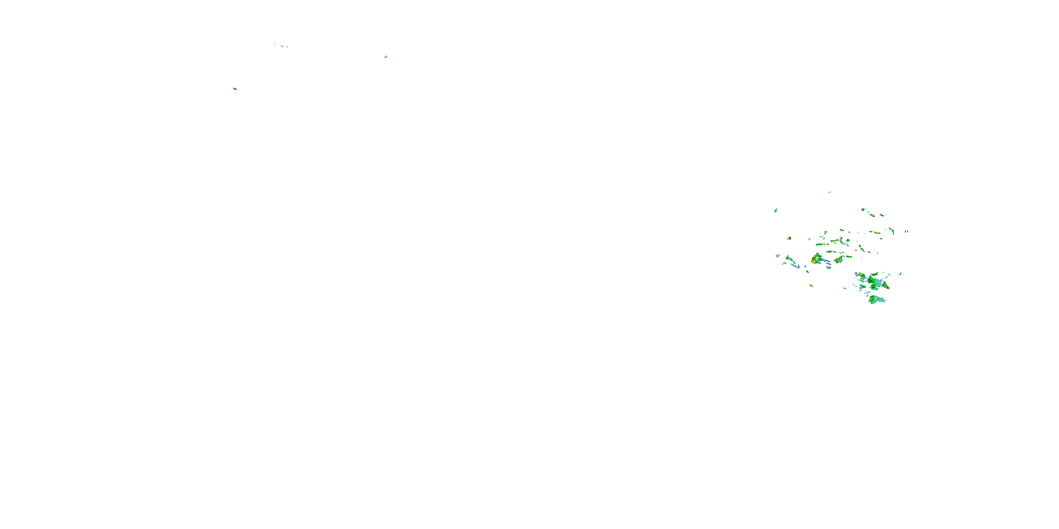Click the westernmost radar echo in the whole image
point(235,89)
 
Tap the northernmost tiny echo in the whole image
point(274,44)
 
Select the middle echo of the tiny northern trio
point(282,45)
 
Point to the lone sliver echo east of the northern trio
point(385,57)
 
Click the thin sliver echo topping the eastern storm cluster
point(829,192)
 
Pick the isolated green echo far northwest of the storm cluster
point(775,211)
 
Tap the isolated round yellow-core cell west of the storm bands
point(789,238)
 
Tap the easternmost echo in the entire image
point(908,231)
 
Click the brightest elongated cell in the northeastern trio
point(871,214)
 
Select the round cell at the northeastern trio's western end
point(863,209)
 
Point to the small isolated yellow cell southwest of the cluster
point(811,285)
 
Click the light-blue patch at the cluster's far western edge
point(777,255)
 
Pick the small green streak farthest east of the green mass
point(900,274)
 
